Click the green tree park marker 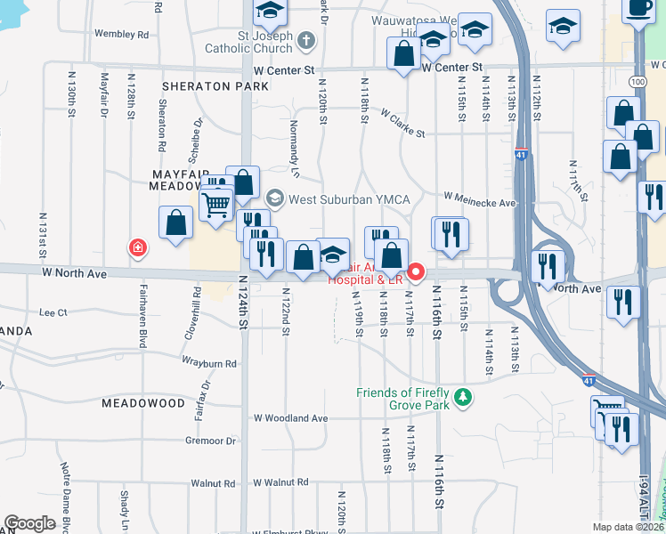462,397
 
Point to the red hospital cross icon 137,247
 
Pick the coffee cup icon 639,6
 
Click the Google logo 29,523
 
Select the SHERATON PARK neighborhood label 215,86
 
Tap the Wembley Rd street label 121,35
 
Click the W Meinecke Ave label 480,200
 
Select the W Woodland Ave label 290,417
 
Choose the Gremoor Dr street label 211,441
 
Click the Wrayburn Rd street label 209,363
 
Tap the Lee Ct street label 53,312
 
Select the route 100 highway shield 638,82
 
